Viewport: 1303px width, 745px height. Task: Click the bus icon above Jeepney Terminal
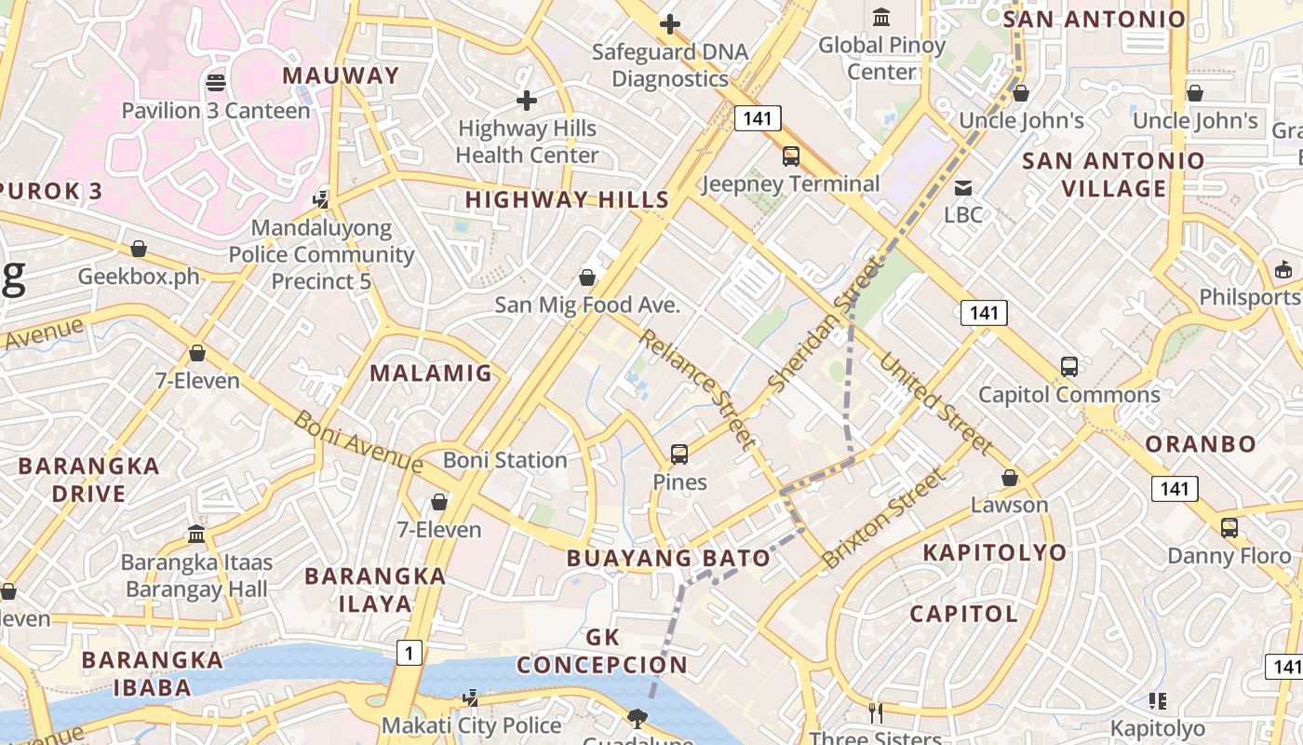point(790,156)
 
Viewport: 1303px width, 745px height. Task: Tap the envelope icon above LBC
point(962,187)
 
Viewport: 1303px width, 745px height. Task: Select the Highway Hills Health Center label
point(527,142)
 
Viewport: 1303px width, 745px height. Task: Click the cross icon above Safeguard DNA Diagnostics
point(669,24)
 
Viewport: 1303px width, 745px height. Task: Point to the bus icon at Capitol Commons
point(1069,367)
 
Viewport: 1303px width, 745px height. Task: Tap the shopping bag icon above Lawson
point(1009,478)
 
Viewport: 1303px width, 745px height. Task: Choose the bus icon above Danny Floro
point(1229,528)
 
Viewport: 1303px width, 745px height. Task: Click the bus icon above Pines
point(679,454)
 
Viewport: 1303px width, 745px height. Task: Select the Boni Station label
point(504,460)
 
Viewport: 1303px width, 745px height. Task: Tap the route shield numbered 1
point(409,653)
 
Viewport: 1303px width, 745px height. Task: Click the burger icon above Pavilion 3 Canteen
point(216,83)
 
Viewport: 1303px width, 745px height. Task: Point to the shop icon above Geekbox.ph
point(139,249)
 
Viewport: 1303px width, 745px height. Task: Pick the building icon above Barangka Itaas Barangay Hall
point(196,535)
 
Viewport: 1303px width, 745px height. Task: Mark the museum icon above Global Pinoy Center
point(880,17)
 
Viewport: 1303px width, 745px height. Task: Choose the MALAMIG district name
point(430,373)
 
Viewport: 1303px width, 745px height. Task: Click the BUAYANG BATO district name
point(668,558)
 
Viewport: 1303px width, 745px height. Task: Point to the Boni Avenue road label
point(357,440)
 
